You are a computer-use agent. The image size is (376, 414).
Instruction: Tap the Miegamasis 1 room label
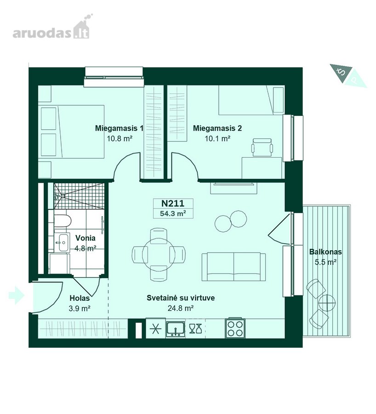(x=119, y=128)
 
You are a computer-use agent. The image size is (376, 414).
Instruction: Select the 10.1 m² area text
(x=218, y=138)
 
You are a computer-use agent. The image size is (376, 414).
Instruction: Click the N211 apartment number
(x=173, y=203)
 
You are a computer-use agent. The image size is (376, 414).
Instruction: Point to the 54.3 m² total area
(x=173, y=213)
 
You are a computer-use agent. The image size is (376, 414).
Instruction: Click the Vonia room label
(x=85, y=238)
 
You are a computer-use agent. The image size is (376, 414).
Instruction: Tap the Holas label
(x=80, y=298)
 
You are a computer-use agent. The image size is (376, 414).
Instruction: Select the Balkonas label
(x=325, y=252)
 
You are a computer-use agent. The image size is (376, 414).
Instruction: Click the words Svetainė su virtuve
(x=181, y=298)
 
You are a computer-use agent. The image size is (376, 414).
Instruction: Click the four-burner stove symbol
(x=235, y=328)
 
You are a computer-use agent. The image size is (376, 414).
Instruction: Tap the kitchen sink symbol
(x=176, y=329)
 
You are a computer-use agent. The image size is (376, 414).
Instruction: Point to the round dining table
(x=159, y=254)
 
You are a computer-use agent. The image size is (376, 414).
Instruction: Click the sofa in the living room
(x=234, y=266)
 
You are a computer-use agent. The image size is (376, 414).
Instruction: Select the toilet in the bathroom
(x=63, y=221)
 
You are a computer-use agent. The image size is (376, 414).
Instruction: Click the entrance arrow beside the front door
(x=17, y=295)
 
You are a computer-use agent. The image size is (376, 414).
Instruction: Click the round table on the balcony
(x=327, y=303)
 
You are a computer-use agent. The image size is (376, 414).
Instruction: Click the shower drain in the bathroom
(x=63, y=195)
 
